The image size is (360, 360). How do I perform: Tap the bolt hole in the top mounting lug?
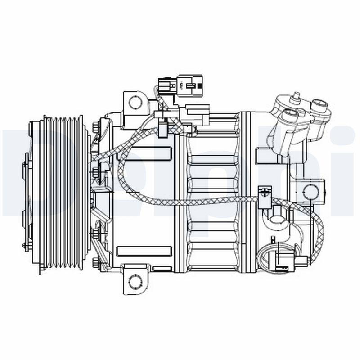tap(134, 101)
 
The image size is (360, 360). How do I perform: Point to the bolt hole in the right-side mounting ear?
tap(310, 191)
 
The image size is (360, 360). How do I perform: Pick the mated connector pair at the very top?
tap(180, 83)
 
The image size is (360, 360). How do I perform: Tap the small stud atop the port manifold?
tap(297, 95)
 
